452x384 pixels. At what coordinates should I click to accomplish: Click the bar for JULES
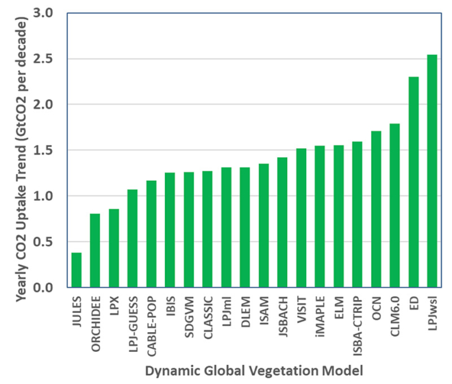pyautogui.click(x=76, y=270)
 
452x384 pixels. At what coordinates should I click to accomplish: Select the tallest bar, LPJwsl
pyautogui.click(x=432, y=171)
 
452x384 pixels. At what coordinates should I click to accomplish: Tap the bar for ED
pyautogui.click(x=413, y=182)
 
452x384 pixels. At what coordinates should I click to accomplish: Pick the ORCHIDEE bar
pyautogui.click(x=95, y=250)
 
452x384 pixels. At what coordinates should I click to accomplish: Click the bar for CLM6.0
pyautogui.click(x=394, y=205)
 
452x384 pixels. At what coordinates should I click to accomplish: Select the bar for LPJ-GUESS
pyautogui.click(x=132, y=238)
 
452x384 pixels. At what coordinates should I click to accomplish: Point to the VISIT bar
pyautogui.click(x=301, y=217)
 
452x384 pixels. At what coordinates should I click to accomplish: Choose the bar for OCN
pyautogui.click(x=376, y=208)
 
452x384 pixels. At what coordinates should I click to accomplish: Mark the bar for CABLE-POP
pyautogui.click(x=151, y=234)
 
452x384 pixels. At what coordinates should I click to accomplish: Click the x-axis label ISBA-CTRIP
pyautogui.click(x=357, y=320)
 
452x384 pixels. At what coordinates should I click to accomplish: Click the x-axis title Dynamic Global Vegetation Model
pyautogui.click(x=253, y=370)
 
